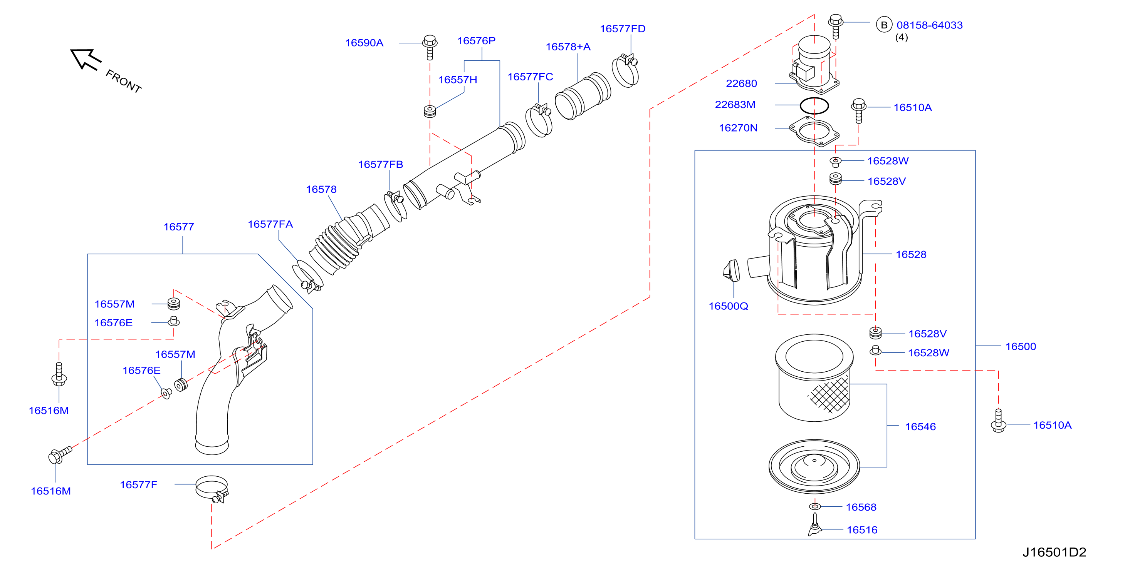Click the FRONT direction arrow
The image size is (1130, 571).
(x=86, y=60)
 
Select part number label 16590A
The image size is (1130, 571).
(x=364, y=43)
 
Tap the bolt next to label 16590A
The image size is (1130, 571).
(x=430, y=47)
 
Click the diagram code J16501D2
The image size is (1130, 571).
(x=1054, y=552)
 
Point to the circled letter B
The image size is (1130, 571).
(x=884, y=25)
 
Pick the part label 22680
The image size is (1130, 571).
(x=741, y=83)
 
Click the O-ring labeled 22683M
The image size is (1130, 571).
(x=814, y=105)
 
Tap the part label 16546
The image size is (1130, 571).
(x=920, y=426)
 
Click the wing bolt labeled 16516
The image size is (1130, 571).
(x=814, y=524)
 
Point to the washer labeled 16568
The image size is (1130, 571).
(x=814, y=507)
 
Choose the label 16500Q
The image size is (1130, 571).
(x=728, y=306)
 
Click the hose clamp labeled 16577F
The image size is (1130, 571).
(x=212, y=488)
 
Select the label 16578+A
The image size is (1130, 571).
(x=568, y=47)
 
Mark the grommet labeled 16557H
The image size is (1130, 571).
(x=430, y=111)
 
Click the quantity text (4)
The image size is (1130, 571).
(x=902, y=37)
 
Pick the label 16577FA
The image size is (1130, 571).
(x=270, y=224)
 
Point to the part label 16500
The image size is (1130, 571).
(x=1020, y=346)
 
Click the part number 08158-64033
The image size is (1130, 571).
(x=930, y=25)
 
